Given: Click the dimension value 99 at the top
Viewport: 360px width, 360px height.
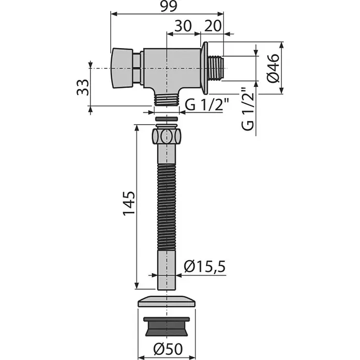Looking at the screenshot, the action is click(169, 6).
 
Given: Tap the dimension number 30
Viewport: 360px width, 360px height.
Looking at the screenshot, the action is click(183, 26).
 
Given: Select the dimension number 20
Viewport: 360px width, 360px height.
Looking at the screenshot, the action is click(213, 26).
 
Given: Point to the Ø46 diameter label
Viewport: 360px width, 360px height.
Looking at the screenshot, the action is click(274, 68).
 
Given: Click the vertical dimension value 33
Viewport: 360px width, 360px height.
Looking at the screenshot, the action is click(83, 87).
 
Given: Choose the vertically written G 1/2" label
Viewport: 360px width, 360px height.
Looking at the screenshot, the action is click(248, 109).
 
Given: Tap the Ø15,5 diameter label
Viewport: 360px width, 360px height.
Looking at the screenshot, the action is click(205, 266).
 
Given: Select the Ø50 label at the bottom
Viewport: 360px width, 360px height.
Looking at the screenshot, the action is click(168, 349).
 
